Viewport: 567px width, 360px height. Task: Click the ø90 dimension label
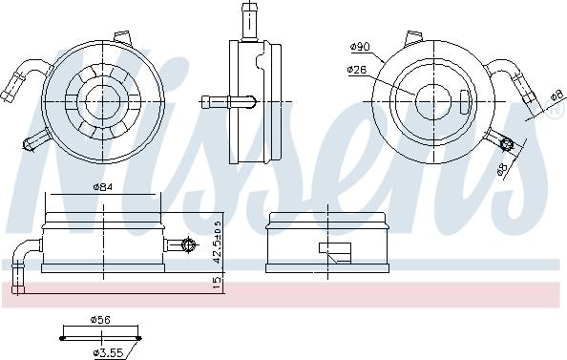pos(360,46)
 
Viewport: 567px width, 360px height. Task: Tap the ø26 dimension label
pos(356,70)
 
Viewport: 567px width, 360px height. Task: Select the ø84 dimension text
pos(103,187)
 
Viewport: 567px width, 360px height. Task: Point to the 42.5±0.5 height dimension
pos(217,243)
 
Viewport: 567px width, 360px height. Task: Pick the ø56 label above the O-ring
pos(100,320)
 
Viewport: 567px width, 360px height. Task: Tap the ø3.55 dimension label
pos(109,352)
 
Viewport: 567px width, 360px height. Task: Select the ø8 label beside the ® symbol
pos(557,95)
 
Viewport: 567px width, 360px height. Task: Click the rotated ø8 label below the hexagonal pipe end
pos(502,169)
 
